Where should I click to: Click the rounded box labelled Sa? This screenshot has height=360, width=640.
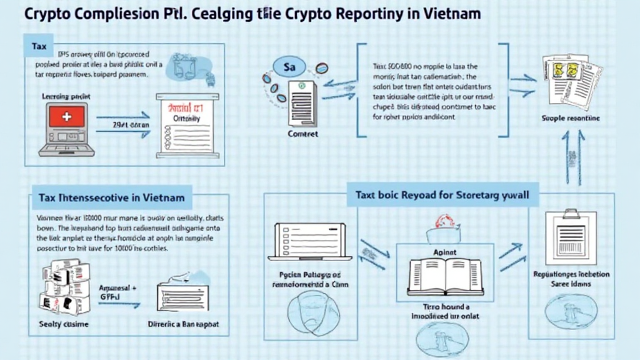click(289, 67)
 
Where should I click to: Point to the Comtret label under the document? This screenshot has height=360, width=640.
click(302, 134)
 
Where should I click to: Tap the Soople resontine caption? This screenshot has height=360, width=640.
click(571, 117)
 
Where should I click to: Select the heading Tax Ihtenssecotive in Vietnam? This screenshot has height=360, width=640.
click(111, 197)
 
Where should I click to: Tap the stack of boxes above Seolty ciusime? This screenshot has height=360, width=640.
click(65, 288)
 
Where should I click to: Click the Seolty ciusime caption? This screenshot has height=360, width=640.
click(64, 324)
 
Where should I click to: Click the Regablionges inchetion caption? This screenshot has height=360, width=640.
click(571, 274)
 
